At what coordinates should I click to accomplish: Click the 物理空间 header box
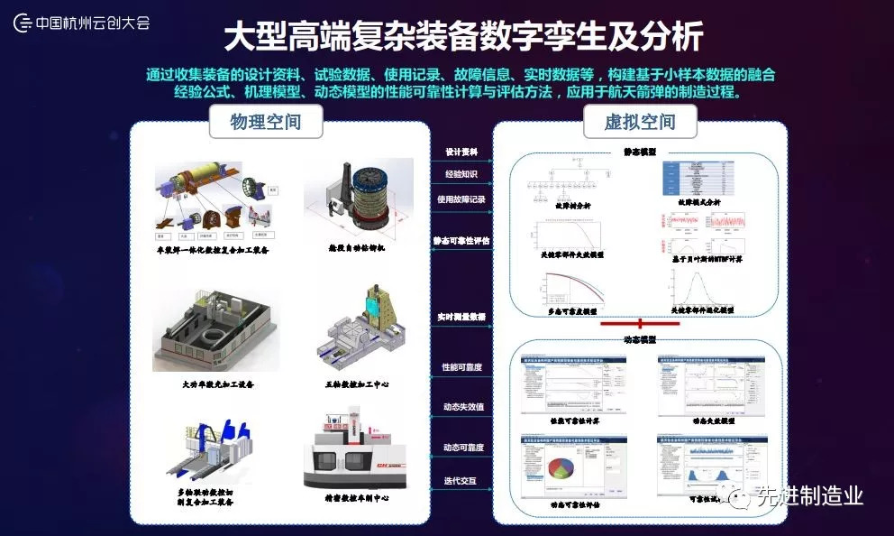[266, 121]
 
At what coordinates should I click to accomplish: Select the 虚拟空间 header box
[640, 121]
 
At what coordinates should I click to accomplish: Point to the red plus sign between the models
[640, 323]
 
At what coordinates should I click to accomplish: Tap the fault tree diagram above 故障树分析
[569, 180]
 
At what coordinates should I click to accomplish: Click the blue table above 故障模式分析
[702, 180]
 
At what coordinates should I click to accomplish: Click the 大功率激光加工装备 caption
[218, 384]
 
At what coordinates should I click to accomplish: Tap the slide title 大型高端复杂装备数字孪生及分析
[461, 38]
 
